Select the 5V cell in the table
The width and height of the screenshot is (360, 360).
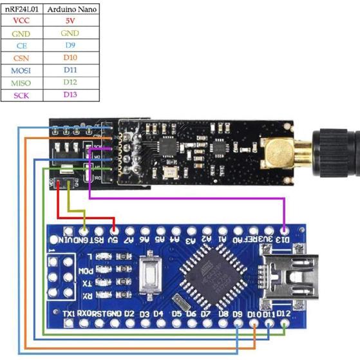point(70,20)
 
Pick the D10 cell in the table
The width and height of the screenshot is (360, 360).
point(70,58)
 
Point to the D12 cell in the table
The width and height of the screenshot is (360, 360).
point(70,83)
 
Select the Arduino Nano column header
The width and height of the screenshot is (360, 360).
point(70,8)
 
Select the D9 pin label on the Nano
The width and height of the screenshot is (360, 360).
point(238,314)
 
